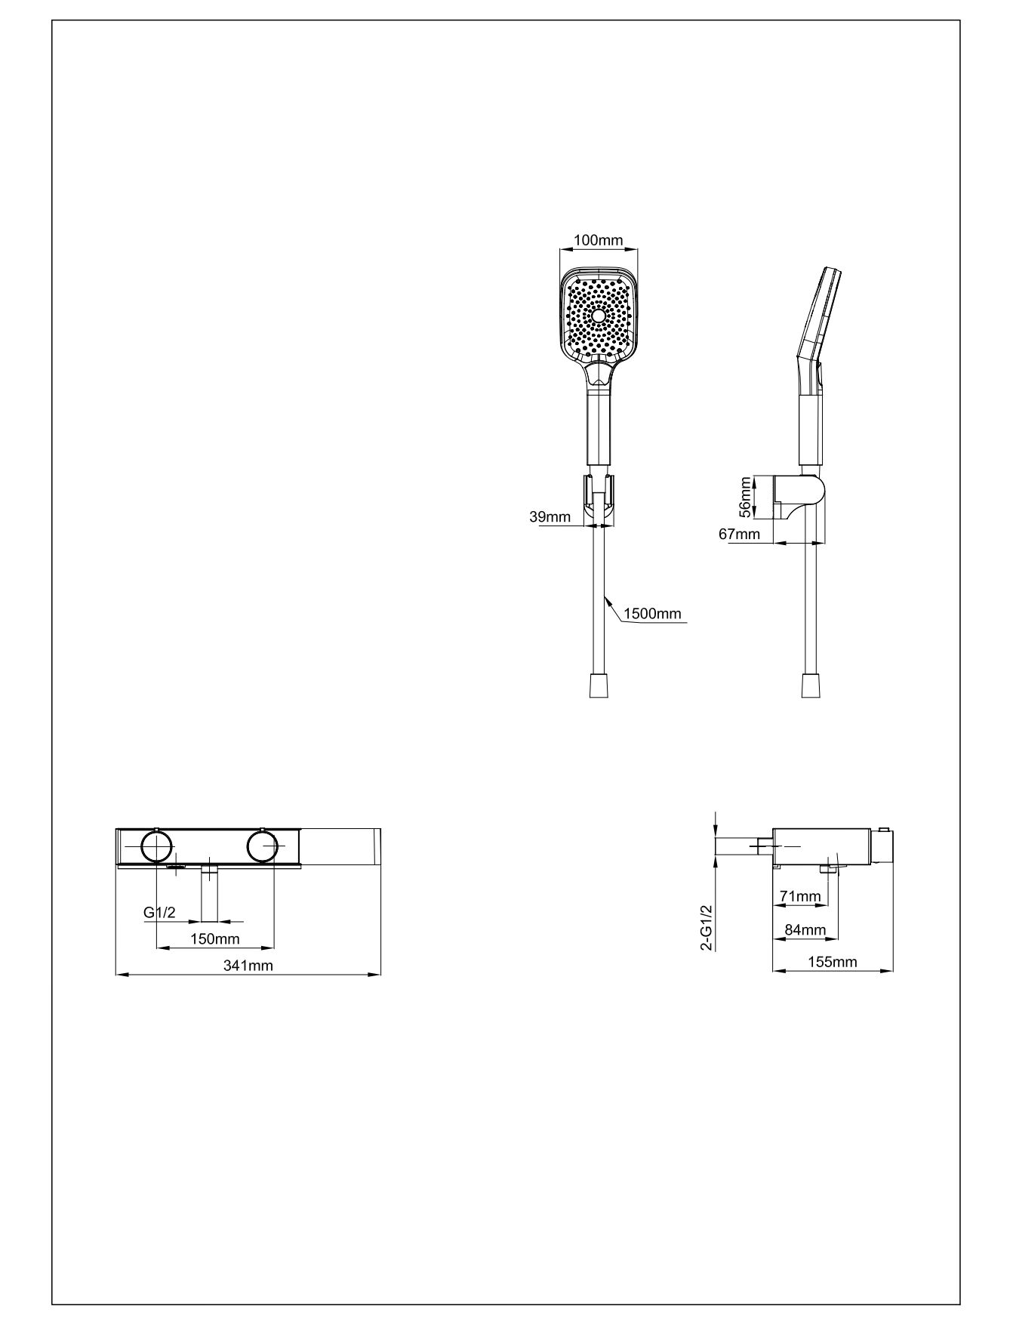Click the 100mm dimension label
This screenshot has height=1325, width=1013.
click(x=599, y=241)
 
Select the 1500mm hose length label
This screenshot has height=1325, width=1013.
click(x=652, y=613)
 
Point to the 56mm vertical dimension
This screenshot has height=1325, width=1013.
click(x=746, y=497)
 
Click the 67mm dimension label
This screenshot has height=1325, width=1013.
click(x=739, y=535)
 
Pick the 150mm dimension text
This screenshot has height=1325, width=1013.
click(x=214, y=939)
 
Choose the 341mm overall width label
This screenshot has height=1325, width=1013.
click(x=248, y=966)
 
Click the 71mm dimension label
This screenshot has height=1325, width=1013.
click(x=800, y=896)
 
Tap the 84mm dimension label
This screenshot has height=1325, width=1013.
click(x=805, y=929)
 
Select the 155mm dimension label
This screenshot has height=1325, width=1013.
click(x=832, y=962)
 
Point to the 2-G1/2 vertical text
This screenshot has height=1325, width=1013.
click(x=707, y=928)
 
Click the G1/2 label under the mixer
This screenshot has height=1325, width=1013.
click(x=159, y=913)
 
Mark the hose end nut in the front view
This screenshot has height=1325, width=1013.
click(x=599, y=686)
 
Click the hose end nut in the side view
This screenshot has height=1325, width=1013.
click(x=811, y=686)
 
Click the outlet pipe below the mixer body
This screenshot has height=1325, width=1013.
click(x=208, y=895)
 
